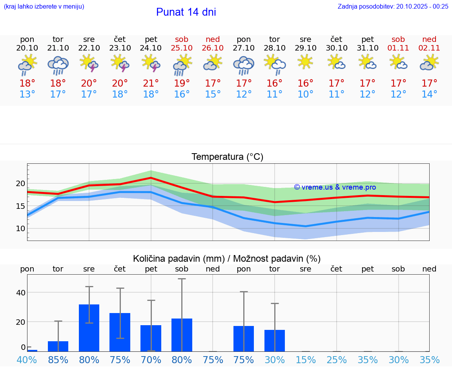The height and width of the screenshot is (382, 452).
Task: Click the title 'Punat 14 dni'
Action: (186, 12)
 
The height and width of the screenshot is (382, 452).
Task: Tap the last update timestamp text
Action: (393, 6)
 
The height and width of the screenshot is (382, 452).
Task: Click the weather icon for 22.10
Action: (89, 63)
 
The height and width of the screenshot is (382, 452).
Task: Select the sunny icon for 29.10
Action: (305, 62)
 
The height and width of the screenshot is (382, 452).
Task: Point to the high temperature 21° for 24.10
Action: (151, 83)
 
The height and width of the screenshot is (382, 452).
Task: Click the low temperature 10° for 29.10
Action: (305, 94)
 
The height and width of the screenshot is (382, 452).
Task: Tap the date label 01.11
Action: (398, 48)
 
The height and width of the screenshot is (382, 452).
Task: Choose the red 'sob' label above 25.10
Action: (182, 39)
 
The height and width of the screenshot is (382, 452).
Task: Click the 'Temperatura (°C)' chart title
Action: (227, 157)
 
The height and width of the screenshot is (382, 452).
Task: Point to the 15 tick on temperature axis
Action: (20, 206)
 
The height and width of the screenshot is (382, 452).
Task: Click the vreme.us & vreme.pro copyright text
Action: (335, 187)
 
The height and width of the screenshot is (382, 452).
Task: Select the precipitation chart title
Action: (227, 259)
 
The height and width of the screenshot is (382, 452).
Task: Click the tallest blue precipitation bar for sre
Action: (89, 328)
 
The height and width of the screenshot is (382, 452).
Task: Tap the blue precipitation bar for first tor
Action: (58, 346)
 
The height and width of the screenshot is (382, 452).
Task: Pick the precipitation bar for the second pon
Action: (244, 339)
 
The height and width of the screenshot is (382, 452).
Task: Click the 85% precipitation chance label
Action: (58, 360)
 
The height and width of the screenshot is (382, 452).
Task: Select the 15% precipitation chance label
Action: (305, 360)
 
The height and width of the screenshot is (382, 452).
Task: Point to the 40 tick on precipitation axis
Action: (20, 293)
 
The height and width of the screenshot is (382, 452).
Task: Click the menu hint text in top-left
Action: (44, 6)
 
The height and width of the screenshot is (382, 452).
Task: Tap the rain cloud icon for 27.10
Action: (244, 65)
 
